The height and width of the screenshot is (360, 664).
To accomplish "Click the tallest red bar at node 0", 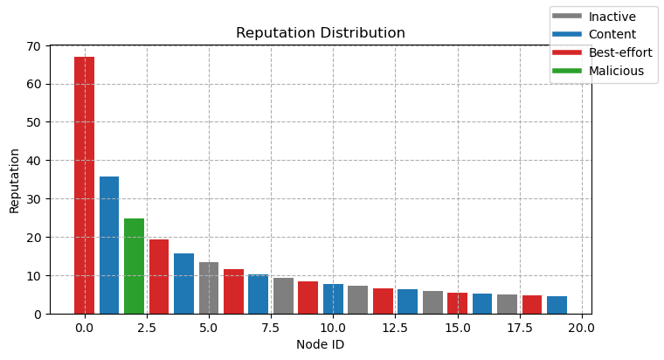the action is pyautogui.click(x=84, y=185).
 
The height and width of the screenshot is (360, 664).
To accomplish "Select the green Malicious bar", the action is pyautogui.click(x=135, y=266).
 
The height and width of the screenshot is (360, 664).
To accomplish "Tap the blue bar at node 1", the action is pyautogui.click(x=109, y=246).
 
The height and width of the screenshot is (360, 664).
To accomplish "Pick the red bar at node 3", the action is pyautogui.click(x=159, y=277).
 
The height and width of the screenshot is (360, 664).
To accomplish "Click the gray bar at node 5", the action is pyautogui.click(x=209, y=288).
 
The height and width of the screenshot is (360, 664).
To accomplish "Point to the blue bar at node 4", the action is pyautogui.click(x=183, y=284).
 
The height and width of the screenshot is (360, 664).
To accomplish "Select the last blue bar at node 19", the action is pyautogui.click(x=557, y=305).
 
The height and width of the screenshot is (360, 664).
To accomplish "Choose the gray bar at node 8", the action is pyautogui.click(x=283, y=295).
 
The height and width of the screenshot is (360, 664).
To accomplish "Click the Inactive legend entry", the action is pyautogui.click(x=594, y=17).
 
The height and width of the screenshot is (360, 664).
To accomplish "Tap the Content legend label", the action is pyautogui.click(x=612, y=34).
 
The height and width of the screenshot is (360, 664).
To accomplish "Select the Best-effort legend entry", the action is pyautogui.click(x=602, y=52).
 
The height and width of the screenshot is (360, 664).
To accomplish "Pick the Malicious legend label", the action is pyautogui.click(x=616, y=71).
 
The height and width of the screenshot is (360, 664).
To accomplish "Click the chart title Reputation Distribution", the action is pyautogui.click(x=321, y=32).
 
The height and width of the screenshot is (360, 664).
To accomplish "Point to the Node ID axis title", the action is pyautogui.click(x=320, y=344).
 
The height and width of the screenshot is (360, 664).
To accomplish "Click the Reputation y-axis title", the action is pyautogui.click(x=14, y=181).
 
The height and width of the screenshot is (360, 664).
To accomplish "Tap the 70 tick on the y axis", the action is pyautogui.click(x=34, y=45).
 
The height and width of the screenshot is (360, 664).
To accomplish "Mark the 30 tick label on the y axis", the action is pyautogui.click(x=34, y=199).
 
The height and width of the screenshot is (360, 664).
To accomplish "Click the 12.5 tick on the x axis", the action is pyautogui.click(x=395, y=328).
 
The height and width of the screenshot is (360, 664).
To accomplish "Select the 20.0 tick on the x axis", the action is pyautogui.click(x=582, y=328).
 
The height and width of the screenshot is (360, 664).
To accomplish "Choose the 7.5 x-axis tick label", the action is pyautogui.click(x=271, y=328).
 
